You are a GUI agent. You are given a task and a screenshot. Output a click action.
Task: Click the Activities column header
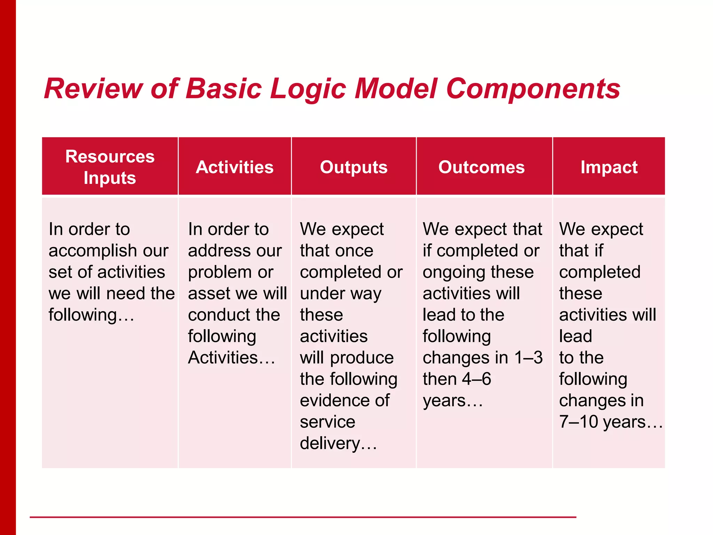tap(234, 167)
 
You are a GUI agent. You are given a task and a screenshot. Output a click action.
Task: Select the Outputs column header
tap(353, 167)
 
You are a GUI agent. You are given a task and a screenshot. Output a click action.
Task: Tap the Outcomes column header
tap(481, 167)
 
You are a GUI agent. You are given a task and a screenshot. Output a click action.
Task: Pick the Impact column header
tap(609, 167)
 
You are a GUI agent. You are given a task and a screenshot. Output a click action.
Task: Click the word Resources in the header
tap(110, 156)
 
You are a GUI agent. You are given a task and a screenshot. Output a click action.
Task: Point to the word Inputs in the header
tap(110, 178)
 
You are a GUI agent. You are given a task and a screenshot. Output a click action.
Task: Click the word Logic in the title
tap(308, 89)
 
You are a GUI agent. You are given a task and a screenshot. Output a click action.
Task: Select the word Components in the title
tap(533, 89)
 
